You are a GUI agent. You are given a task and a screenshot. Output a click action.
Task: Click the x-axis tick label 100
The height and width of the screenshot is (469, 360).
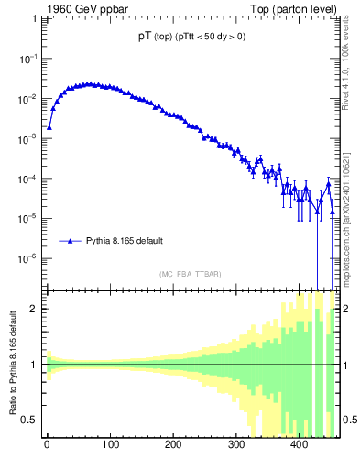click(110, 446)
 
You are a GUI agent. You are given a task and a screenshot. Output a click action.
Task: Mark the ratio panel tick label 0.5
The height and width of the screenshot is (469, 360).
click(31, 420)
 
